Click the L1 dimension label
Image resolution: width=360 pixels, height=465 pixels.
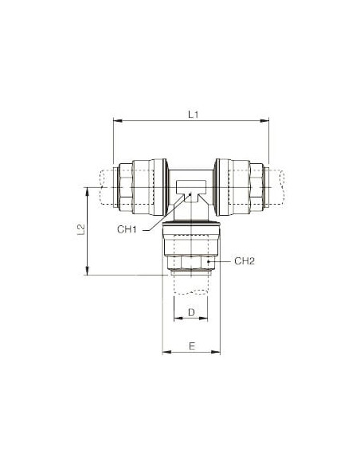(193, 115)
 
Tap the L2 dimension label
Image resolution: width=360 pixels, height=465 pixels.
(81, 229)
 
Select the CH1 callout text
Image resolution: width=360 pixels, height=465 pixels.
(127, 229)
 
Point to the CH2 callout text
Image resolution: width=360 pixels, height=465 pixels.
(245, 261)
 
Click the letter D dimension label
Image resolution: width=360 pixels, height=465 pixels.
(192, 312)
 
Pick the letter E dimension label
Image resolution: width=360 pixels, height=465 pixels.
(192, 346)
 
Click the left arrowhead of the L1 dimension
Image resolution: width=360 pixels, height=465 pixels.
(118, 120)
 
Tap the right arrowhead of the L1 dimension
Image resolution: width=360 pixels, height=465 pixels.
(264, 120)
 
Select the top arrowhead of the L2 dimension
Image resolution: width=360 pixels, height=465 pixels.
(87, 192)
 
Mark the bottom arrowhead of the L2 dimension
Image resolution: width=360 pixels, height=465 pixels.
(87, 271)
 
